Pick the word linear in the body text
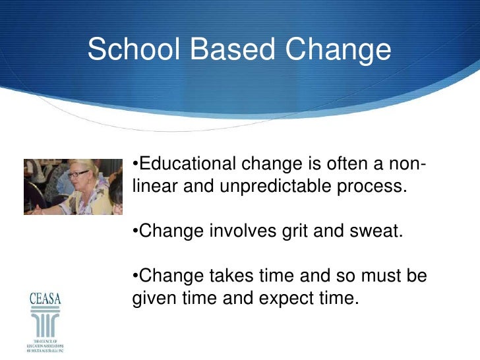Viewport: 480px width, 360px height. [x=156, y=187]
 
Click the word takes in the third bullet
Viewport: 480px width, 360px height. [x=234, y=276]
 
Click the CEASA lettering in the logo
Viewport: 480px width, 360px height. [x=44, y=298]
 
